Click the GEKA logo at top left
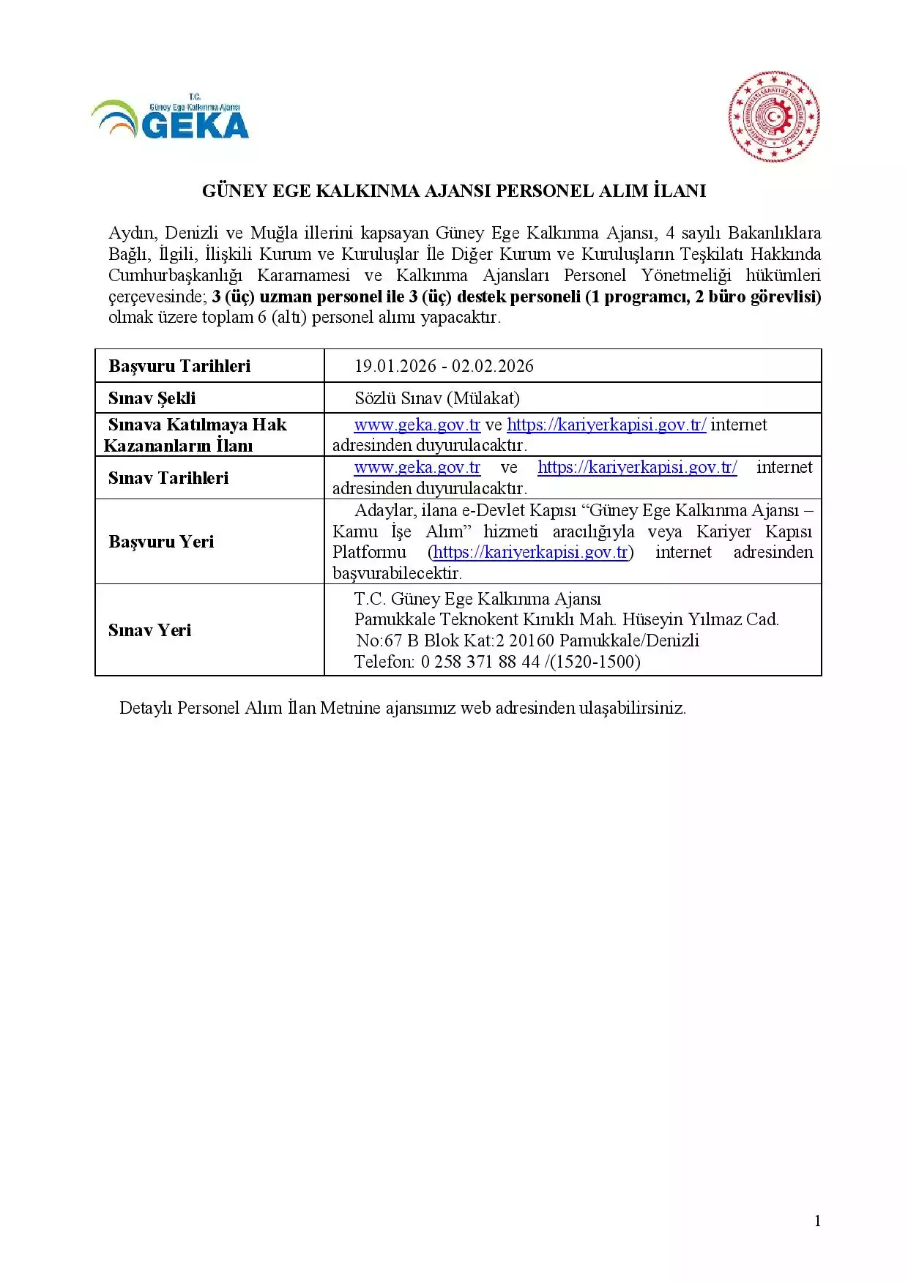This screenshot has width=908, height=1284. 170,118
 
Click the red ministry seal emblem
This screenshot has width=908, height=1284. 774,116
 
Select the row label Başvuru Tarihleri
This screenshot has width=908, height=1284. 179,366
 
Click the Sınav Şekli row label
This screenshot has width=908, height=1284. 152,398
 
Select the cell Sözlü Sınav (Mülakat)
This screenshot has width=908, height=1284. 437,398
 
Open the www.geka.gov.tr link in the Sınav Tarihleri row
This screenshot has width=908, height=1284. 417,467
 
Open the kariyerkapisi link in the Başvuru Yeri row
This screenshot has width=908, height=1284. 531,552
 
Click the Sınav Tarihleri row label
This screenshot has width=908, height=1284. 168,478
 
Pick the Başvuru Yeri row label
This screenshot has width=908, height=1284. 161,542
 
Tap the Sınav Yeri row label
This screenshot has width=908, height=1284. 150,630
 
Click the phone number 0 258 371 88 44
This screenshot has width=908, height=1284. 480,662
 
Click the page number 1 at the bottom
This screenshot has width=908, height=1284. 817,1220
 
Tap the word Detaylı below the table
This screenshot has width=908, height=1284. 146,708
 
